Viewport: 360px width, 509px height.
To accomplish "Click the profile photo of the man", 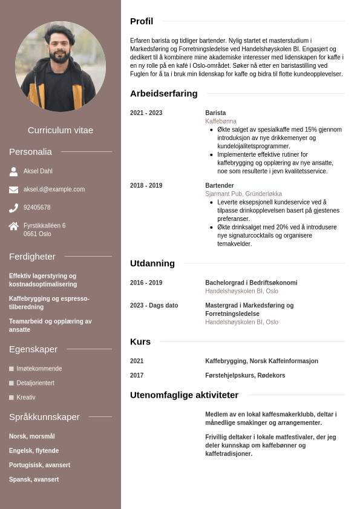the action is tap(61, 67).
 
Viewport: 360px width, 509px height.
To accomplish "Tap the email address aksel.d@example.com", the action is tap(54, 189).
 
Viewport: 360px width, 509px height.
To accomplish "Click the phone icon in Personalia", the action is tap(13, 208).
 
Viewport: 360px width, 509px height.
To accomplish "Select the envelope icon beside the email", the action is tap(13, 189).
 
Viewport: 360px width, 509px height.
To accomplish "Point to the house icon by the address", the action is tap(13, 226).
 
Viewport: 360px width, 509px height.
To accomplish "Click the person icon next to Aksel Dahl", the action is tap(13, 171).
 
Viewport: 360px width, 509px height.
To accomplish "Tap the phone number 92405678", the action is tap(37, 208).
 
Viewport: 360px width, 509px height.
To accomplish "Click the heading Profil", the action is tap(142, 21).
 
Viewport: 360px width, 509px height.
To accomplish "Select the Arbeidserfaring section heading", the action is tap(163, 93).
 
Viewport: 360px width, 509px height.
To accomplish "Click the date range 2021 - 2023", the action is tap(146, 113).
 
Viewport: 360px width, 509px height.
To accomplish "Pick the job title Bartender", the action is tap(219, 186).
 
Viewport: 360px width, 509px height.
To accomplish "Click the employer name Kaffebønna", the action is tap(221, 122).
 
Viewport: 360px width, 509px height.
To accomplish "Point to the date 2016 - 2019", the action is tap(146, 283).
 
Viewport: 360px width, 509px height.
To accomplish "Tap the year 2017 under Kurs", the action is tap(137, 376).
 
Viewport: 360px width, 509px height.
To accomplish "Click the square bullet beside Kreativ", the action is tap(11, 398).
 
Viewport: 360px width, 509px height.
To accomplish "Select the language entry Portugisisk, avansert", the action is tap(39, 465).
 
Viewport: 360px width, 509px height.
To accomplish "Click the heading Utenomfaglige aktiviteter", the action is tap(184, 395).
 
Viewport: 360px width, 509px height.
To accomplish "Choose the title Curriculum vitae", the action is tap(61, 130).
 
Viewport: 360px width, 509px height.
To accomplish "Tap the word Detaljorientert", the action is tap(35, 383).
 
